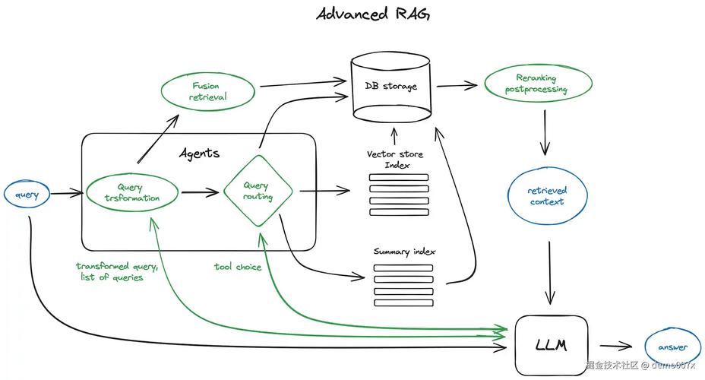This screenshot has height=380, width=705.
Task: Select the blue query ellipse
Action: point(27,195)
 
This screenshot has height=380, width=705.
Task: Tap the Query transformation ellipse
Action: point(133,192)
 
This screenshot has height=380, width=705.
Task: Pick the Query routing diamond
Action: point(256,192)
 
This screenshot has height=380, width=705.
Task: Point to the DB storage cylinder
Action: point(390,87)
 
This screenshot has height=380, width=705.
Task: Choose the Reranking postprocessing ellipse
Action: point(536,84)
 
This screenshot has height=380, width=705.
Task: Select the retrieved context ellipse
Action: point(547,196)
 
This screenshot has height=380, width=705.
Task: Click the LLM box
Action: point(551,344)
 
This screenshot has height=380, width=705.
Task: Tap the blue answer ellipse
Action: point(672,347)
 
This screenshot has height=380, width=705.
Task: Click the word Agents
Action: point(199,153)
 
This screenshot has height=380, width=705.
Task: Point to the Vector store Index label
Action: point(395,160)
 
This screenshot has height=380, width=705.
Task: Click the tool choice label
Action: point(237,267)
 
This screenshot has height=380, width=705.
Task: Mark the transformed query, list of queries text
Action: point(116,271)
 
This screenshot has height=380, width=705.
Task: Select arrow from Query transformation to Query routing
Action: point(200,192)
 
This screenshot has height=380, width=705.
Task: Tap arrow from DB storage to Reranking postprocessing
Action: point(457,85)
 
